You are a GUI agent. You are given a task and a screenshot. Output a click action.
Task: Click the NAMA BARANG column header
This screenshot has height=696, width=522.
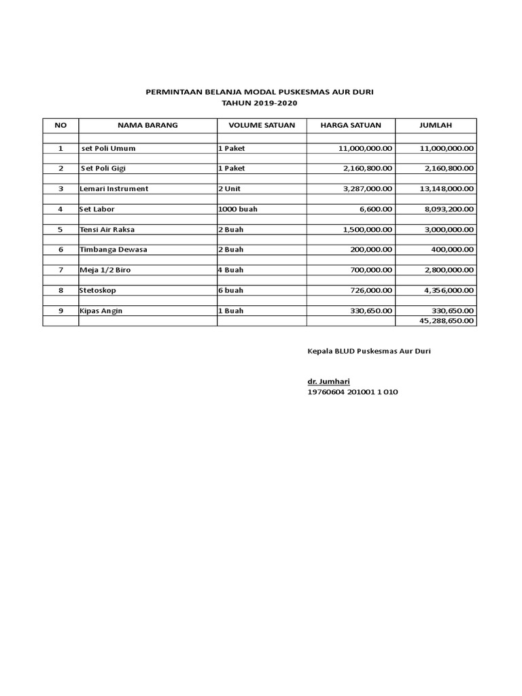(x=147, y=126)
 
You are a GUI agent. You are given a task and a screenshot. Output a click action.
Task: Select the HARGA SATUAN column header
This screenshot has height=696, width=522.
(x=351, y=126)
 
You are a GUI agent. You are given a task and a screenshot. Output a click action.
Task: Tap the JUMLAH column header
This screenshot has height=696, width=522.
(x=435, y=126)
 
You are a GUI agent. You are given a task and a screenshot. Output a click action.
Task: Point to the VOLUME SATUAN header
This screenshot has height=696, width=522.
(x=262, y=126)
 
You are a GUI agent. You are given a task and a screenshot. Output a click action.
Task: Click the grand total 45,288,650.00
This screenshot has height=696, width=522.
(x=447, y=321)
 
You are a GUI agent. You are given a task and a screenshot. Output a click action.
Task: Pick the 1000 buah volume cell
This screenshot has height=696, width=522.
(x=238, y=209)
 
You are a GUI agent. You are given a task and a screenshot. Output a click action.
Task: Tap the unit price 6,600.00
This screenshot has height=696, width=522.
(x=373, y=209)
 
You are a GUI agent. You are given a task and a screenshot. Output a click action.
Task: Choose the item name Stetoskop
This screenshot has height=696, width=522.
(x=98, y=290)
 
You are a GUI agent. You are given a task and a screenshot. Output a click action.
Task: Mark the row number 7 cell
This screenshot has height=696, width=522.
(x=60, y=270)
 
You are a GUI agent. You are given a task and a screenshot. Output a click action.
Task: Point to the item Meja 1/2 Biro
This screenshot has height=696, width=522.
(x=105, y=270)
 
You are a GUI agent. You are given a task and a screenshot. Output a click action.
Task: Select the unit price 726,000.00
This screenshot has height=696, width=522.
(x=369, y=290)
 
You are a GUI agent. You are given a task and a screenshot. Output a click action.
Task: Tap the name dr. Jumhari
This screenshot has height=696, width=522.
(x=328, y=382)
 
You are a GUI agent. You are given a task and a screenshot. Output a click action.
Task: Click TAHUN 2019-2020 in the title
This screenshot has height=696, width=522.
(x=260, y=103)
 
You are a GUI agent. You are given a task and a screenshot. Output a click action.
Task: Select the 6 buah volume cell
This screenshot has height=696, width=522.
(x=231, y=290)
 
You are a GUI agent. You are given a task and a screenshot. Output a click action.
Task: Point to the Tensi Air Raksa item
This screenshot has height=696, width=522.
(x=107, y=230)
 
